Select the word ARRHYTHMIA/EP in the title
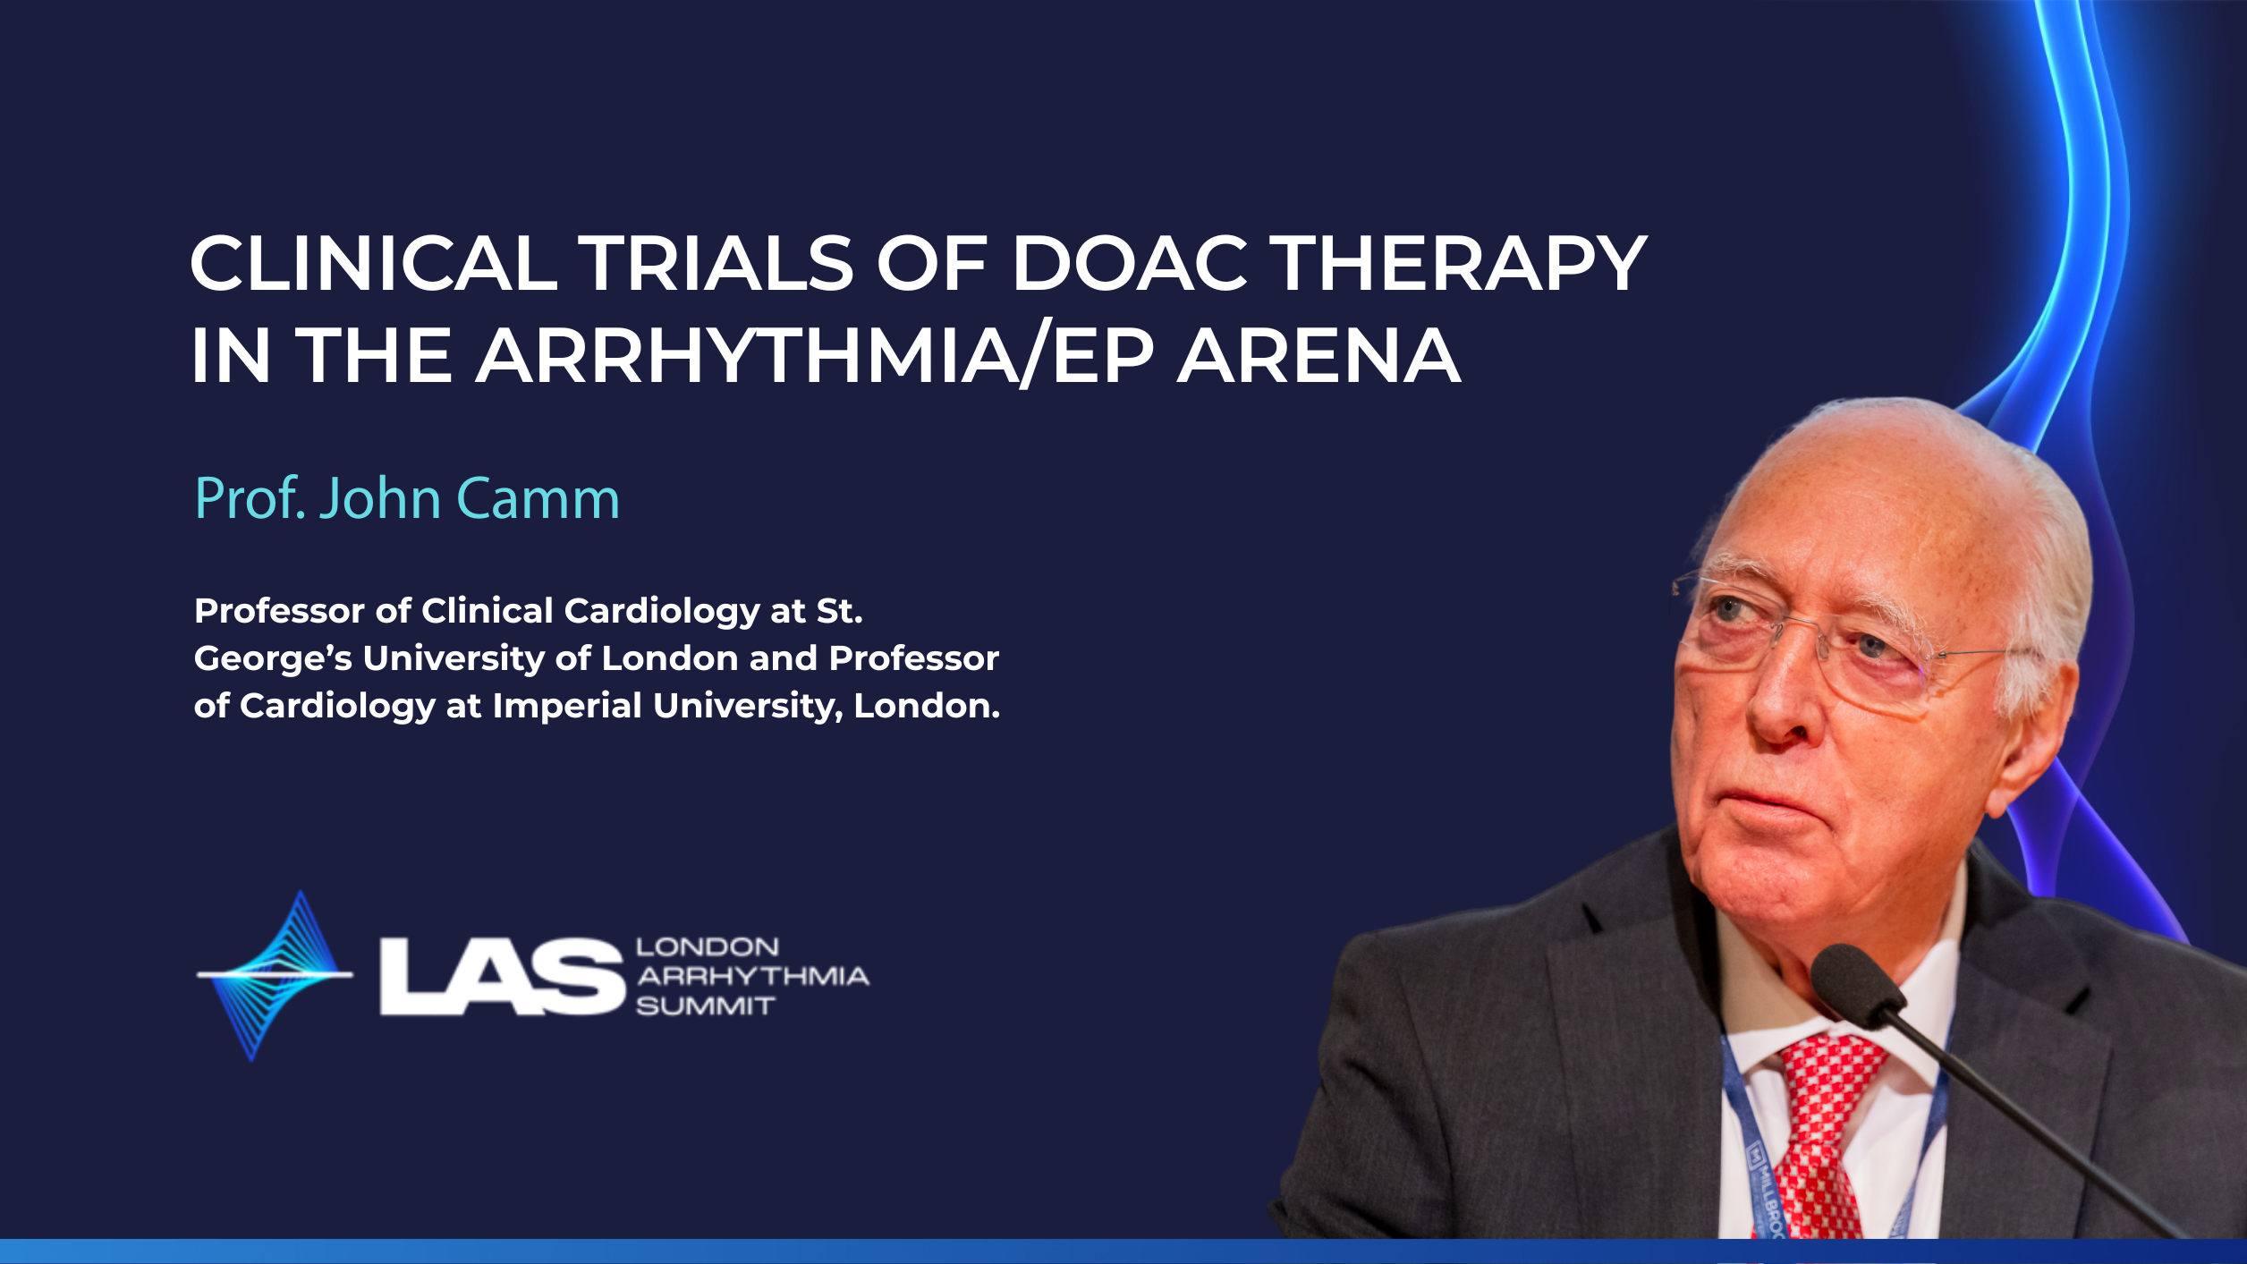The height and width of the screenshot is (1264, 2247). point(815,356)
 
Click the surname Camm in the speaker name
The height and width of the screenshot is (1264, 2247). point(538,498)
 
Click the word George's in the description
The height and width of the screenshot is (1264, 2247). point(273,659)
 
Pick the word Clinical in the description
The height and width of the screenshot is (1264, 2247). point(488,611)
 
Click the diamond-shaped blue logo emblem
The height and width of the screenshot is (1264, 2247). point(276,975)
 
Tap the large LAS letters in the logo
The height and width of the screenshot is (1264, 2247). point(502,976)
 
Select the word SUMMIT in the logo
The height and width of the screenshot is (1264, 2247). point(705,1006)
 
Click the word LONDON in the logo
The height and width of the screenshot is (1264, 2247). point(708,947)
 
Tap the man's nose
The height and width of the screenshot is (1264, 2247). point(1780,707)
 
